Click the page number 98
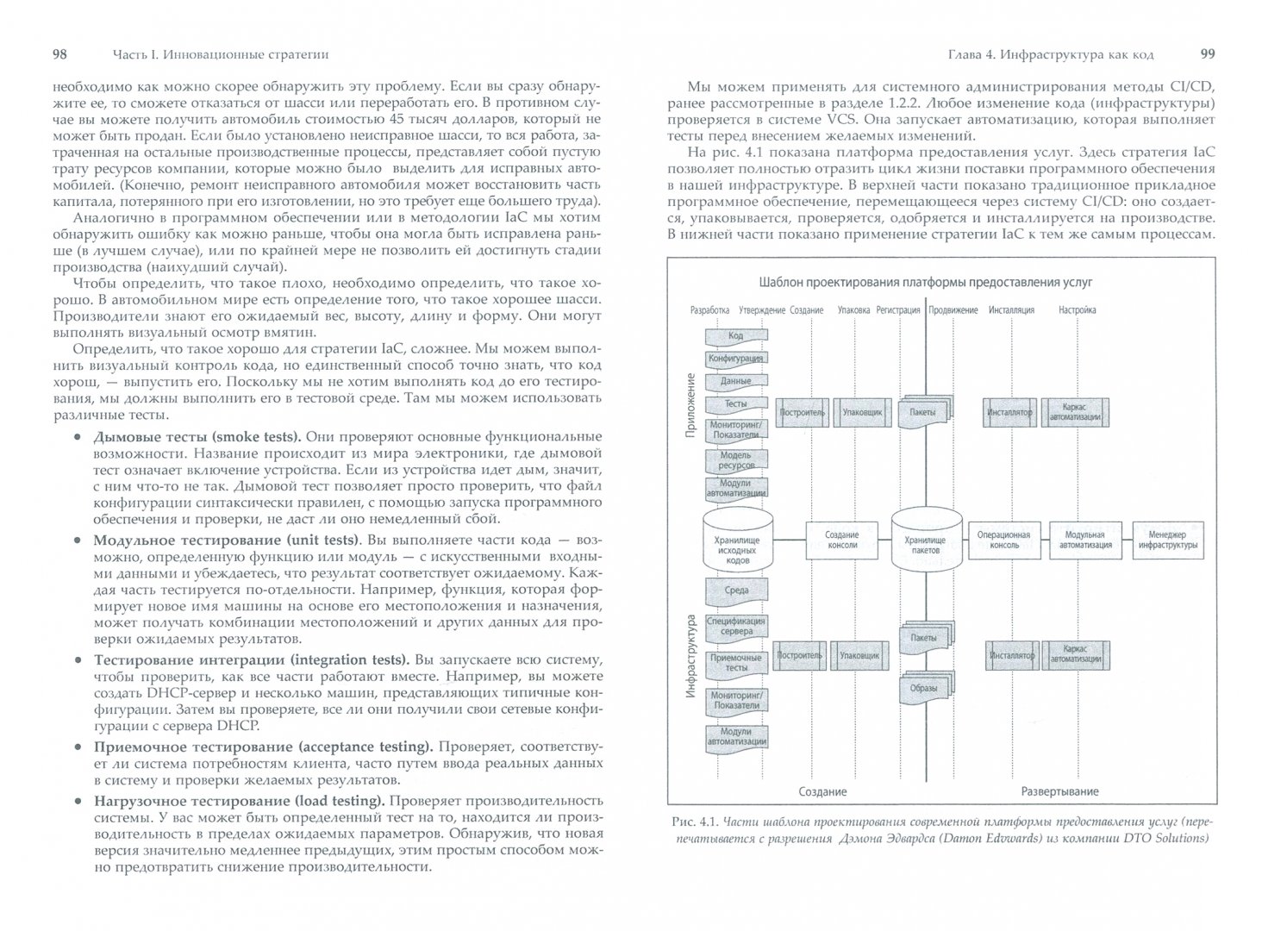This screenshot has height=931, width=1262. pos(60,54)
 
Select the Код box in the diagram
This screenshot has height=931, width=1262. pos(735,335)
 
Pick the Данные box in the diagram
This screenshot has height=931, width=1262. pos(735,381)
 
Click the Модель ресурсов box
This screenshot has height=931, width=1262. pos(735,460)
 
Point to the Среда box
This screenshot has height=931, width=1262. pos(735,590)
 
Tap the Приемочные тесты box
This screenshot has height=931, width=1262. pos(735,663)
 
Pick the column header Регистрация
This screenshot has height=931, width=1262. pos(898,310)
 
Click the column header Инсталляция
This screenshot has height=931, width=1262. pos(1010,310)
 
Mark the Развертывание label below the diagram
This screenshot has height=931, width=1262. pos(1059,791)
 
